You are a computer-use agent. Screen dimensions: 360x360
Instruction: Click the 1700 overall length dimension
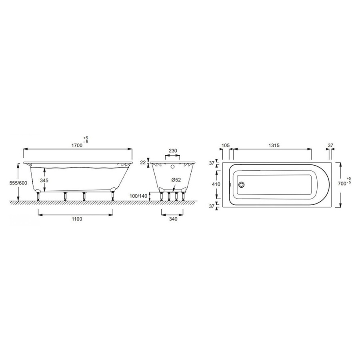coord(77,145)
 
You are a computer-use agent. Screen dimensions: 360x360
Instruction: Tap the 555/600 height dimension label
coord(18,183)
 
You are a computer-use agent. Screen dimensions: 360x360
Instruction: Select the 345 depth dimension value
coord(44,180)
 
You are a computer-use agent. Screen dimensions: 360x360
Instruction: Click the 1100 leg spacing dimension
coord(77,219)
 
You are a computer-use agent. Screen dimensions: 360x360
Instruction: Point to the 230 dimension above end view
coord(173,151)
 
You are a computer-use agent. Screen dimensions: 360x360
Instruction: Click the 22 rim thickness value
coord(143,162)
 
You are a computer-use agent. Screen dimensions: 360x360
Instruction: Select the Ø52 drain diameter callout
coord(176,180)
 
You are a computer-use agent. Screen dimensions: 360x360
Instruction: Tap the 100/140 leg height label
coord(138,196)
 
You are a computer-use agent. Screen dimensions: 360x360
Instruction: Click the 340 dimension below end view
coord(173,219)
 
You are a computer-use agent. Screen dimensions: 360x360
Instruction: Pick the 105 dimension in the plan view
coord(226,145)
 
